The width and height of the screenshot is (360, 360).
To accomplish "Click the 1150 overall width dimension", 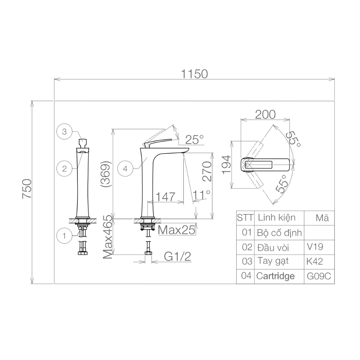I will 194,74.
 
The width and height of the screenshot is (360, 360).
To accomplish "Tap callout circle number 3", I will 64,132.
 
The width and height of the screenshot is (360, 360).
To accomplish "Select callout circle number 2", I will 64,168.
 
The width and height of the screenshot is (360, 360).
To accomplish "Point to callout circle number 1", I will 64,236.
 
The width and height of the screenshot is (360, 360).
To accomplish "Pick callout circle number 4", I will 125,168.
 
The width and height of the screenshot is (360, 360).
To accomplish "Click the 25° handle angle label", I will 194,139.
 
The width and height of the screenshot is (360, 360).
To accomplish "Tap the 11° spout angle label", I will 202,195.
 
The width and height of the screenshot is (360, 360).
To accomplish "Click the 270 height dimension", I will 206,171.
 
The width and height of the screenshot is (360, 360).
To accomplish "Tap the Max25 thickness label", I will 177,229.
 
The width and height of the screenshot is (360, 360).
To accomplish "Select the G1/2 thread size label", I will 177,256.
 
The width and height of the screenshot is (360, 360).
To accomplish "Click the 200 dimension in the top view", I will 265,114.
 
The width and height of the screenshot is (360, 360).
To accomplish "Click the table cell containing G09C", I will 319,276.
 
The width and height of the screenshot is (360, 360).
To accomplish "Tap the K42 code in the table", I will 315,261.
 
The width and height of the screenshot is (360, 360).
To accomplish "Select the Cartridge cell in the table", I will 275,276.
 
